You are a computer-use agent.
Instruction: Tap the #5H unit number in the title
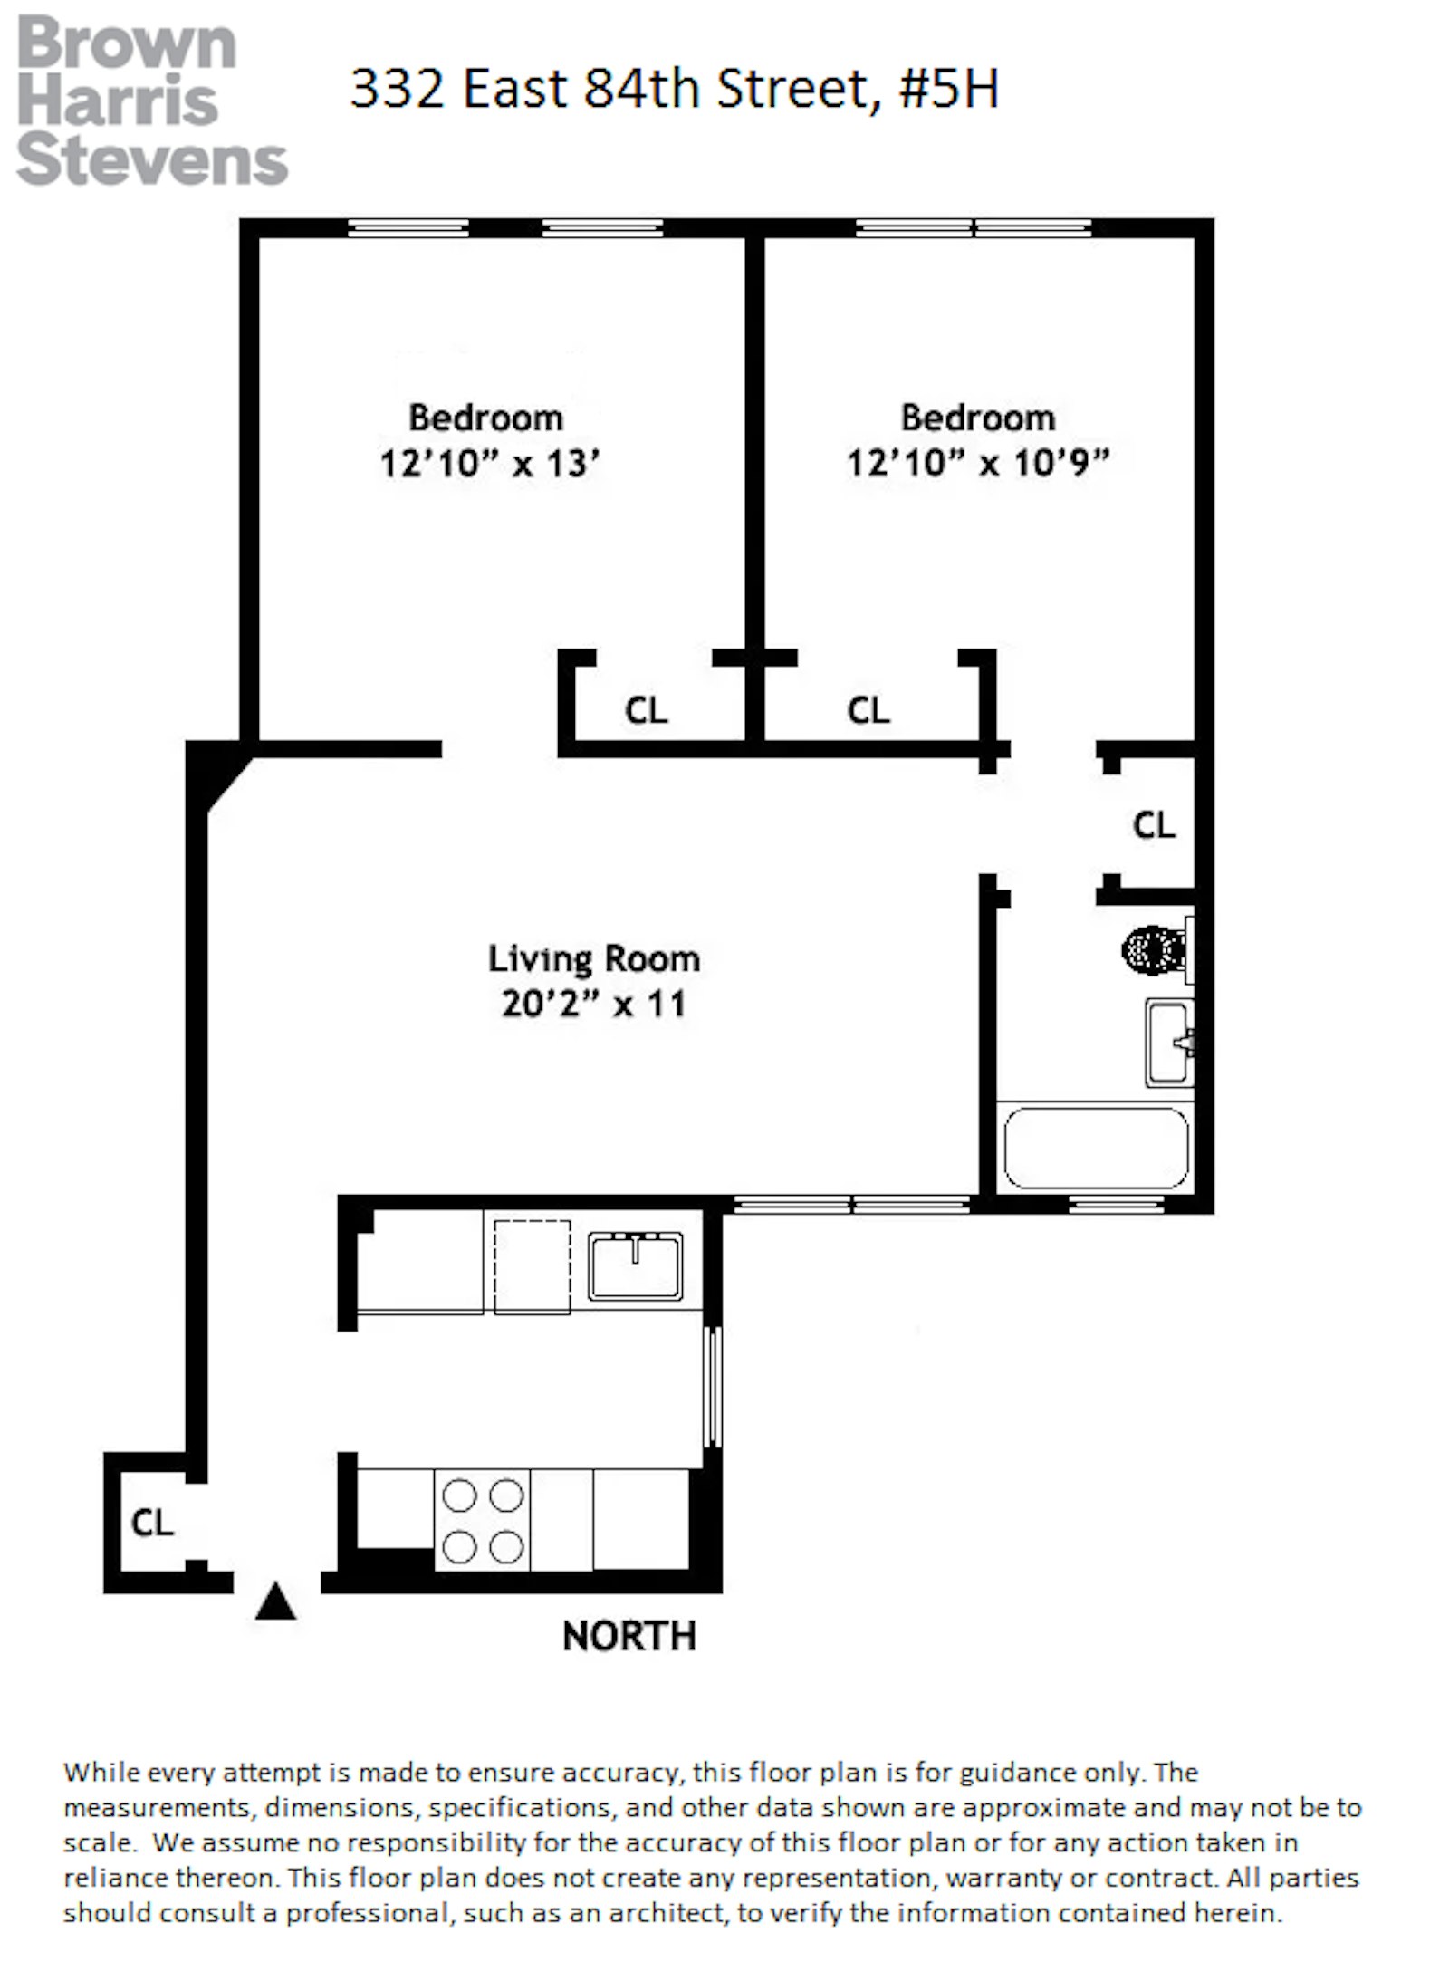coord(949,90)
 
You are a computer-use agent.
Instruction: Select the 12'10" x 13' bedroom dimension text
coord(490,465)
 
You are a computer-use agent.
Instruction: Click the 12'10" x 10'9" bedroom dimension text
coord(978,464)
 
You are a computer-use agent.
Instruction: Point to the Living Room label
coord(594,958)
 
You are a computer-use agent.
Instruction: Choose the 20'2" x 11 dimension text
coord(594,1005)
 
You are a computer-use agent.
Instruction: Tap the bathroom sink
coord(1169,1043)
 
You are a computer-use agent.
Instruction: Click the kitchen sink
coord(635,1265)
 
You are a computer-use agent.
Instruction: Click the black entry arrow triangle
coord(275,1601)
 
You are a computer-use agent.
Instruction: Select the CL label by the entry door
coord(152,1523)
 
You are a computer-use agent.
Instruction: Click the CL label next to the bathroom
coord(1154,825)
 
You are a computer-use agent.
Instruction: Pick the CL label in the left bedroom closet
coord(646,710)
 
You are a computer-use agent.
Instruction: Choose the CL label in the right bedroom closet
coord(868,710)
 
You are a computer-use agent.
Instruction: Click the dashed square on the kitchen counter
coord(532,1266)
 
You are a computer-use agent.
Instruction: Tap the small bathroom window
coord(1116,1204)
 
